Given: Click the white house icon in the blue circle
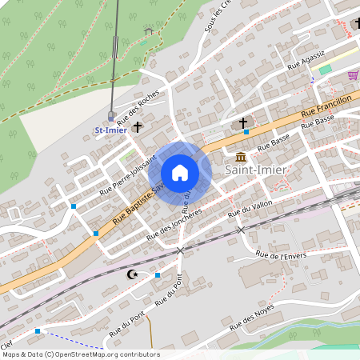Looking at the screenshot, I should click(x=180, y=172).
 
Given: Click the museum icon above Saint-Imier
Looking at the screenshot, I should click(x=241, y=155).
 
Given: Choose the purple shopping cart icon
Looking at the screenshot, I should click(x=353, y=75).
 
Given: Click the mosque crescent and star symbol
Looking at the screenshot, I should click(x=132, y=274).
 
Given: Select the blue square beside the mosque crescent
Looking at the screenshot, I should click(x=158, y=275).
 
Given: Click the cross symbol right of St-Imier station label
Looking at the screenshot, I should click(x=138, y=126).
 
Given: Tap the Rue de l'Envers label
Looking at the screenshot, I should click(x=281, y=256).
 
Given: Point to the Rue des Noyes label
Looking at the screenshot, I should click(x=252, y=318).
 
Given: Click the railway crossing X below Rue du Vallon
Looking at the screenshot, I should click(x=241, y=230).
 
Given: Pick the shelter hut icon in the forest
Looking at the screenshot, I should click(x=148, y=31).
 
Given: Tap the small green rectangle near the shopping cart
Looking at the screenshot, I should click(x=325, y=70).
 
